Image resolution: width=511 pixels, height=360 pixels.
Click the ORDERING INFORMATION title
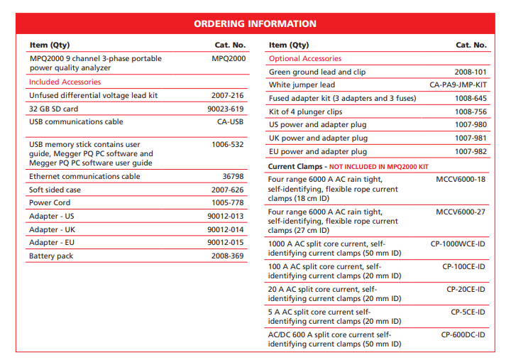pos(255,23)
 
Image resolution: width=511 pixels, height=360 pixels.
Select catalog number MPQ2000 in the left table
pos(228,58)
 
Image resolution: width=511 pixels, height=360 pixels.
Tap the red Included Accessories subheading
pos(65,82)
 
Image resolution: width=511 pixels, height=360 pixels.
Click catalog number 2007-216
pos(227,95)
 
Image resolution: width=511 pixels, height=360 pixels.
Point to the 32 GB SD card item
pos(54,109)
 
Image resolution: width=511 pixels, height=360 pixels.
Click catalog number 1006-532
pos(227,144)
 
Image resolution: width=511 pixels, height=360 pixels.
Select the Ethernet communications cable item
pos(84,176)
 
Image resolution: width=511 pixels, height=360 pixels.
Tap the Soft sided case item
pos(55,190)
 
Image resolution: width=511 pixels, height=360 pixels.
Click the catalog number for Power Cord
pos(227,202)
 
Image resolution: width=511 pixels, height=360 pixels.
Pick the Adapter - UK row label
pos(52,229)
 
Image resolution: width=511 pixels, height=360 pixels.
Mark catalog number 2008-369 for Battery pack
pos(227,256)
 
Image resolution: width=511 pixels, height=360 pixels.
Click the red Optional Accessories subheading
pos(305,58)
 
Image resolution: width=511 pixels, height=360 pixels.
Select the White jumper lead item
pos(302,85)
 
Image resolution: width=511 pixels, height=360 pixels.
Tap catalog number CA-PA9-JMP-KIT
pos(458,85)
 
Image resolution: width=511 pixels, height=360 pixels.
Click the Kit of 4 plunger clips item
pos(306,111)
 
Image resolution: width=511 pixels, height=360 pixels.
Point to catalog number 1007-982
pos(471,151)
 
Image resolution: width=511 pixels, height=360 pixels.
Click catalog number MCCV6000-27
pos(461,211)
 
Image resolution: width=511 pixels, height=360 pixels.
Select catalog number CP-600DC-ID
pos(463,334)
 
